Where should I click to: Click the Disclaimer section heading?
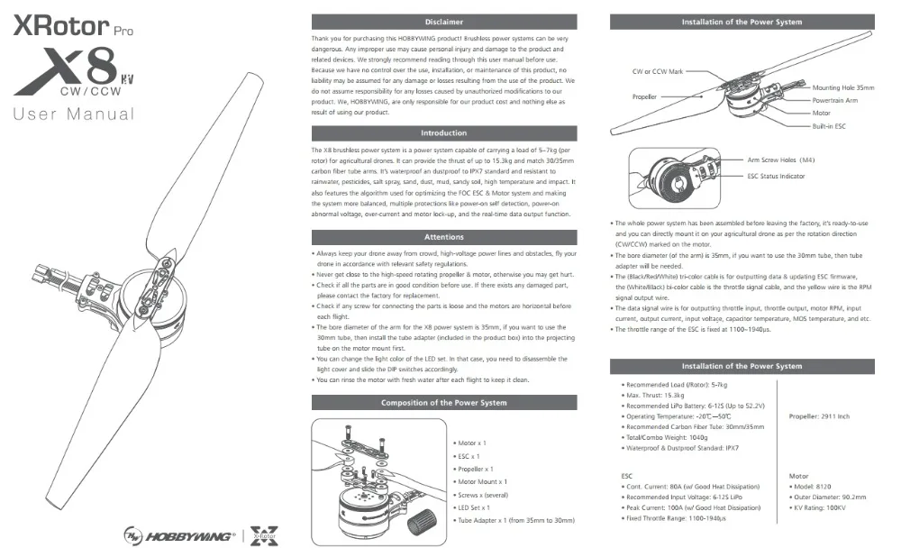click(443, 22)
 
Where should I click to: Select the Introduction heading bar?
click(443, 132)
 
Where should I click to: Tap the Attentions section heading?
click(443, 237)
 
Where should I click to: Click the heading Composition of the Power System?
click(443, 402)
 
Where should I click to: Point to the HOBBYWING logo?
click(179, 536)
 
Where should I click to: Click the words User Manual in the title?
click(74, 114)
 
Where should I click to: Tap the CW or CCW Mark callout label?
click(658, 72)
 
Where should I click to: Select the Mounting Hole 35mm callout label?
click(843, 88)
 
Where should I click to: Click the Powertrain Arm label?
click(835, 101)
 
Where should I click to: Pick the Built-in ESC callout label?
click(829, 126)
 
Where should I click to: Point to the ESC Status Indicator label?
click(776, 177)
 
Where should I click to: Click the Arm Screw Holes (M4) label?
click(781, 160)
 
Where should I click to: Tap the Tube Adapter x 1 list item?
click(514, 520)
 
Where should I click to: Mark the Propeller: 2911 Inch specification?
click(819, 416)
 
